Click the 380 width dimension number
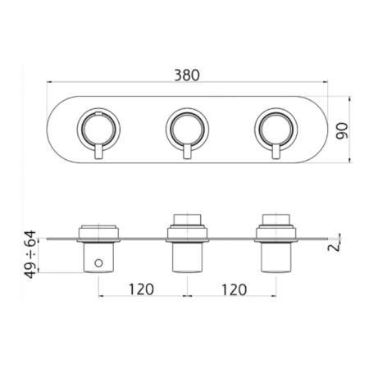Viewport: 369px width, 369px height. tap(187, 75)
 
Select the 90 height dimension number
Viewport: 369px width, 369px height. tap(342, 131)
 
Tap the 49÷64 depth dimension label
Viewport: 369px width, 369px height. tap(30, 254)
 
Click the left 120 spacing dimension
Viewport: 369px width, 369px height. tap(141, 289)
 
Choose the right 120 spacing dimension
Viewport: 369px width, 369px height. tap(234, 289)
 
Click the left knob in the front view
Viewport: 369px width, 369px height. tap(98, 129)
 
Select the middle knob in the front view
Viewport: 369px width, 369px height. tap(187, 129)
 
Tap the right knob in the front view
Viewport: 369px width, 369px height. tap(276, 129)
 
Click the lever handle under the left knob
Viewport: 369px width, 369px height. tap(98, 151)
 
